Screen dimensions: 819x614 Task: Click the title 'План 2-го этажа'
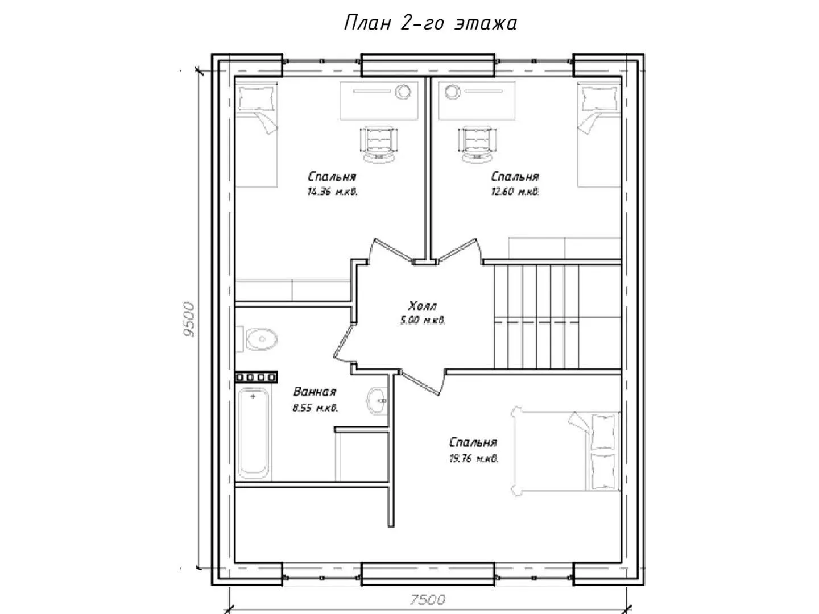point(430,23)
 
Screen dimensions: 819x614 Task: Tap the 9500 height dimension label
point(189,320)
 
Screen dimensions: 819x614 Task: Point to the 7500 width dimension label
point(428,599)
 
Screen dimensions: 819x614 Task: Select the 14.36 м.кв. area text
point(332,192)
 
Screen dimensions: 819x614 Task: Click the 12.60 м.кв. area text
point(515,192)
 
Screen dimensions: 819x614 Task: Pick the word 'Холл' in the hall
point(423,306)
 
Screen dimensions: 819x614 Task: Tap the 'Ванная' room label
point(315,392)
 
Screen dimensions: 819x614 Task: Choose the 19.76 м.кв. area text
point(474,458)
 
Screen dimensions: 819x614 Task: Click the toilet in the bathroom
point(258,339)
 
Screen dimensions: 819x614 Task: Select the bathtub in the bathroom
point(253,434)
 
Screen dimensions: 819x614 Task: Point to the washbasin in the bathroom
point(377,401)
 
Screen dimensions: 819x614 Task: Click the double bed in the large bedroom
point(566,451)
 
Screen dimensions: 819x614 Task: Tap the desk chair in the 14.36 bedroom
point(379,143)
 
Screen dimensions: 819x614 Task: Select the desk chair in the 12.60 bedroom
point(478,143)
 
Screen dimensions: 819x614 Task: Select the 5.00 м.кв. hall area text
point(423,320)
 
